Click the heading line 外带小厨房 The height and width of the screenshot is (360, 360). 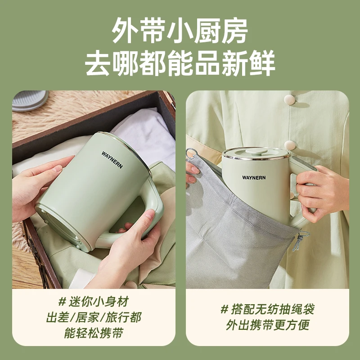pos(180,31)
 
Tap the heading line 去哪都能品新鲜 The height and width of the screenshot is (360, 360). pos(180,63)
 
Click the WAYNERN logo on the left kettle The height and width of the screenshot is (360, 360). pos(112,160)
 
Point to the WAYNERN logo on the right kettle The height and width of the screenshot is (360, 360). pos(254,177)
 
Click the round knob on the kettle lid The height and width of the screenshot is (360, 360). pos(256,152)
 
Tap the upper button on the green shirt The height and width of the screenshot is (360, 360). pos(289,99)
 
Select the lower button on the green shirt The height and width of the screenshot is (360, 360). pos(290,145)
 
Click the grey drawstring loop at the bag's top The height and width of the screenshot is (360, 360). pos(192,153)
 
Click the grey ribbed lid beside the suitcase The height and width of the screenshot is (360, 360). pos(29,100)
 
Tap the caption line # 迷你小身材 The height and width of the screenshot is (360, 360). pos(94,302)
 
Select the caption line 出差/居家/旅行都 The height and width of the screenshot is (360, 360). pos(94,317)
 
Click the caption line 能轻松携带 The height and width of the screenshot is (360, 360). pos(94,333)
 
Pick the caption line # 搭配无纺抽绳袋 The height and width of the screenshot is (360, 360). pos(267,309)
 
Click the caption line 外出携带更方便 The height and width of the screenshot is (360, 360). pos(267,324)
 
